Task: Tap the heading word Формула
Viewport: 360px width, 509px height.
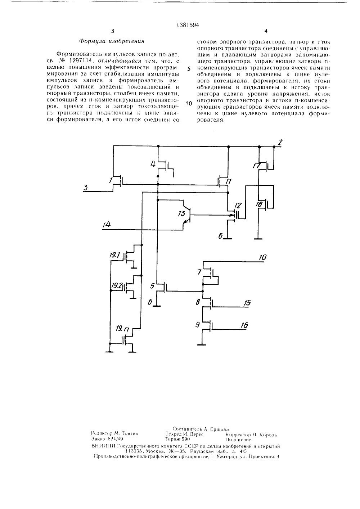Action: coord(93,42)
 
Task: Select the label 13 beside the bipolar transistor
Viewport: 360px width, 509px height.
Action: coord(182,213)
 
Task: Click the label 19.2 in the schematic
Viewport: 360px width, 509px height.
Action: coord(117,285)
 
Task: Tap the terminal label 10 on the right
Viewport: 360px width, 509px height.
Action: coord(263,257)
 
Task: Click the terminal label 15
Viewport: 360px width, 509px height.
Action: coord(247,302)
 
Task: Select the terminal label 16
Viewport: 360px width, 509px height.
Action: coord(244,325)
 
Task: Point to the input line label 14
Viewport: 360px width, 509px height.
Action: coord(106,225)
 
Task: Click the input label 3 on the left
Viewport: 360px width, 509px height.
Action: coord(85,188)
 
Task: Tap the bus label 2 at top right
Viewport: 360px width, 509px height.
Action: coord(280,143)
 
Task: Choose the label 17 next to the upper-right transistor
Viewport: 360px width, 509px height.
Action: coord(257,166)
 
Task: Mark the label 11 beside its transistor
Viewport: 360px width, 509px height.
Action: coord(228,181)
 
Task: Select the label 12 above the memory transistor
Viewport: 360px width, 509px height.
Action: coord(238,206)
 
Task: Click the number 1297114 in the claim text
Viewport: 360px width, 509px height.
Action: coord(80,61)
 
